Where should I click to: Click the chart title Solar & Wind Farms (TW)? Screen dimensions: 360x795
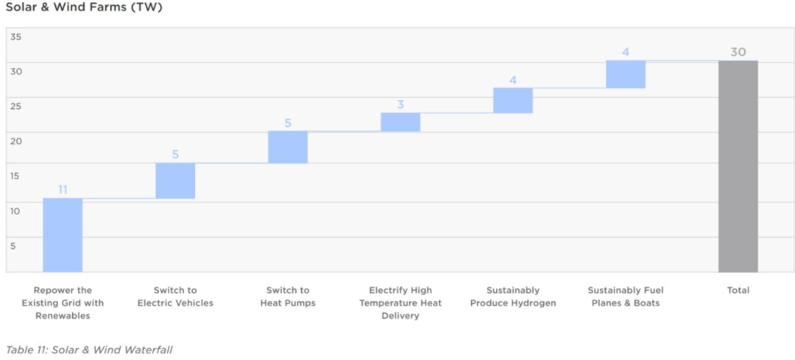coord(84,8)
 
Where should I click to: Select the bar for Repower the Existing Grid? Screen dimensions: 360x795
coord(63,235)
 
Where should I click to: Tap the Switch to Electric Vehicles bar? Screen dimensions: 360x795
coord(175,180)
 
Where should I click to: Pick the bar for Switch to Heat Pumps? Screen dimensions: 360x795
coord(288,147)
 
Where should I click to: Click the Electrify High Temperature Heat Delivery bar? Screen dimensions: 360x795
coord(400,122)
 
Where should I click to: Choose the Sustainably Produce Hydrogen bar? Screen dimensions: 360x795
coord(513,101)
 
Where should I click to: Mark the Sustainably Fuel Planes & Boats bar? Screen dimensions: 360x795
coord(626,74)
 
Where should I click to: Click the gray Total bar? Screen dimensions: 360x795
coord(738,166)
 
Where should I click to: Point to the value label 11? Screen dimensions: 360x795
coord(63,190)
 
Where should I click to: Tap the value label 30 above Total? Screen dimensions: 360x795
coord(738,52)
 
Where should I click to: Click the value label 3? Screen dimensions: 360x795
coord(400,105)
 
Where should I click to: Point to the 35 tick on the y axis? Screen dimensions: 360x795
coord(16,37)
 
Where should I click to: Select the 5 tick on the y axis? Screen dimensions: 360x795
coord(13,246)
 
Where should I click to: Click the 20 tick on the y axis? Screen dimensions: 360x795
coord(16,141)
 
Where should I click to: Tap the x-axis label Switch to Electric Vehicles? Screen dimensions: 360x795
coord(175,297)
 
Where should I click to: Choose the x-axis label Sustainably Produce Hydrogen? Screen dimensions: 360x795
coord(513,297)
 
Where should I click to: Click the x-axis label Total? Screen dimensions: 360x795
coord(738,291)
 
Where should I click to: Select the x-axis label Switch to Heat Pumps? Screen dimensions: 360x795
coord(288,297)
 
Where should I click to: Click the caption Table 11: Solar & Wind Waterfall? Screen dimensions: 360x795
coord(89,350)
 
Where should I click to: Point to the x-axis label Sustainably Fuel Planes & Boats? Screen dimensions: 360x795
coord(626,297)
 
